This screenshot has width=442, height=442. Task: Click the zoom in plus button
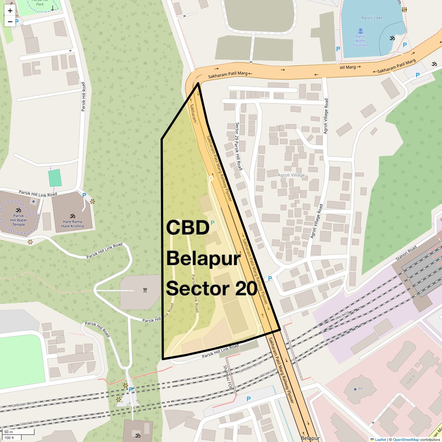(10, 11)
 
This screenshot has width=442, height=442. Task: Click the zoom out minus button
(10, 22)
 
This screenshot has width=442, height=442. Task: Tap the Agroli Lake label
(372, 18)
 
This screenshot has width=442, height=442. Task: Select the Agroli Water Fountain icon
(360, 31)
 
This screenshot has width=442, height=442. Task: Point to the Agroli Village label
(291, 175)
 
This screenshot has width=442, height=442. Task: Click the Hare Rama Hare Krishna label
(73, 224)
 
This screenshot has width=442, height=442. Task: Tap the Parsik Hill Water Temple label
(18, 220)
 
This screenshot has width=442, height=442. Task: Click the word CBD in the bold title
(188, 228)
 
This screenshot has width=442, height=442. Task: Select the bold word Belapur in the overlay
(203, 258)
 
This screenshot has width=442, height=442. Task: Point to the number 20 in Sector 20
(246, 288)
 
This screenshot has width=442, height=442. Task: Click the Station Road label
(406, 253)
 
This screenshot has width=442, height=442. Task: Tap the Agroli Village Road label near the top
(326, 116)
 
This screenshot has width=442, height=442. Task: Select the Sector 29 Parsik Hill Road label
(239, 146)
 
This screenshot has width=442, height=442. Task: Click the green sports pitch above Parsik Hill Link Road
(55, 178)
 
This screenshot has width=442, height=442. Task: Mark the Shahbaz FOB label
(227, 378)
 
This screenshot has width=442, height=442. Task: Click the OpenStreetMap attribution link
(406, 439)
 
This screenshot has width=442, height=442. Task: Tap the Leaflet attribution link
(380, 439)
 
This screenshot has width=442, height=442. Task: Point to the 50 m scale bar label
(8, 432)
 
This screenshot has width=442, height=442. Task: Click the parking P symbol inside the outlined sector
(212, 222)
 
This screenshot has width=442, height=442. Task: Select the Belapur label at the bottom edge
(310, 438)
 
